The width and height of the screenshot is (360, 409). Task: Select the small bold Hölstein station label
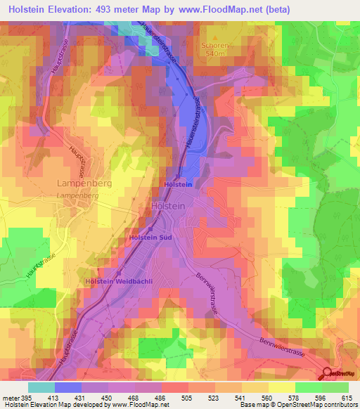[x=178, y=185]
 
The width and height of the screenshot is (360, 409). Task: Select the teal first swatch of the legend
[x=41, y=387]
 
